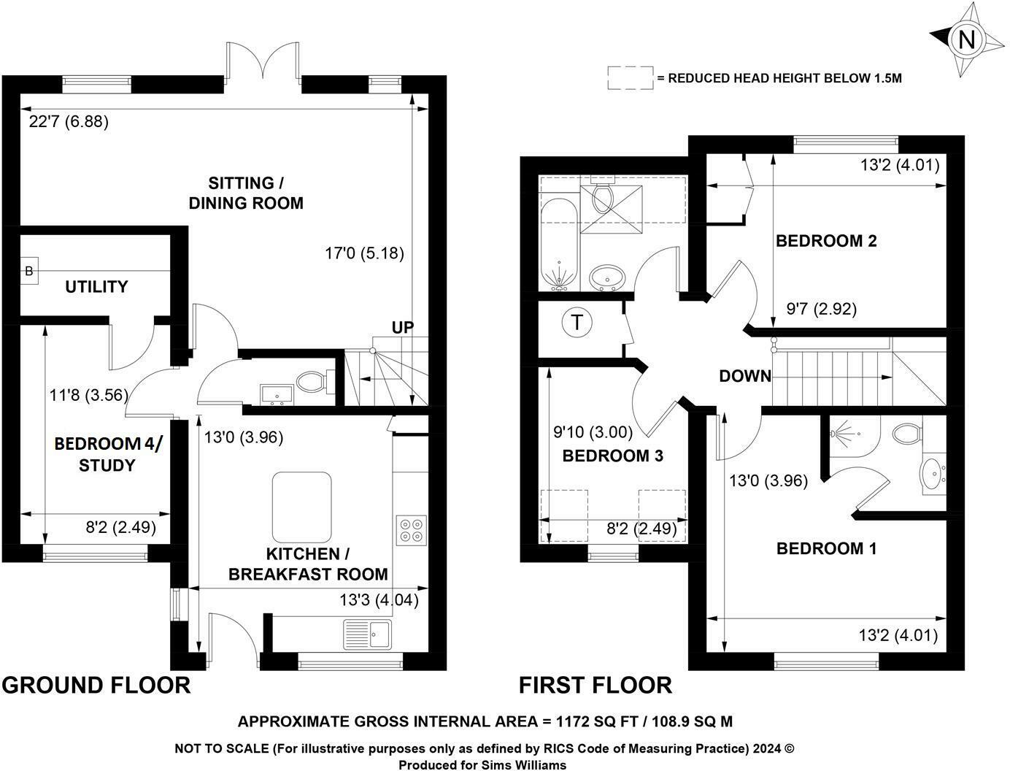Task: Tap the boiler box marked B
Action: coord(29,271)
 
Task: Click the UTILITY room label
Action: coord(96,287)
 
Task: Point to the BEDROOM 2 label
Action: coord(826,241)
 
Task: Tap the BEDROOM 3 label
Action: coord(613,456)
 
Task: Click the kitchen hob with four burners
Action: coord(411,530)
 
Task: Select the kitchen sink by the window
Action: coord(367,634)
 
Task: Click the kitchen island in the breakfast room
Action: coord(302,507)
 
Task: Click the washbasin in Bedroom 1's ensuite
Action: coord(931,474)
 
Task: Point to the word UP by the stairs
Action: coord(403,327)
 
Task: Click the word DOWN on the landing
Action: coord(745,376)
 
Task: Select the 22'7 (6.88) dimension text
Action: coord(69,122)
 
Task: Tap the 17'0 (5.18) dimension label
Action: coord(364,253)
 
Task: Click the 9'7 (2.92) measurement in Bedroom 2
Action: coord(821,308)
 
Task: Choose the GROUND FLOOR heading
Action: coord(96,686)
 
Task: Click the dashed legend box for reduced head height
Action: coord(631,78)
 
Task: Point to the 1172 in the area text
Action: coord(573,721)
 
